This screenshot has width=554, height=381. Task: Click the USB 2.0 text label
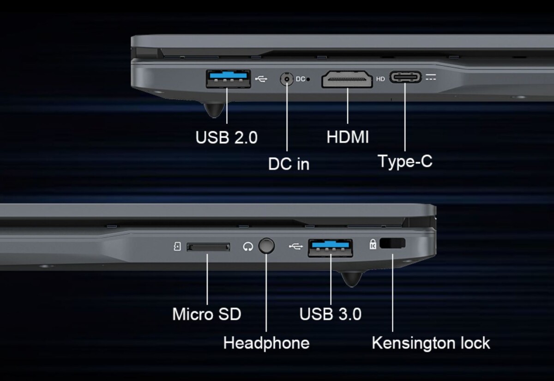tap(226, 137)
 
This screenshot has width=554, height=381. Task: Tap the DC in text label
tap(289, 164)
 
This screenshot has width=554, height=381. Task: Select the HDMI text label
tap(348, 137)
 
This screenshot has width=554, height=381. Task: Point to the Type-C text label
tap(405, 161)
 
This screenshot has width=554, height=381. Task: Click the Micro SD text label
tap(206, 314)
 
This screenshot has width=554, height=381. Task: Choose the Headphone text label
tap(266, 343)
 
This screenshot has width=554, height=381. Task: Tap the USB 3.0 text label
tap(331, 314)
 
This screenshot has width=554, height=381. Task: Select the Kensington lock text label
tap(431, 343)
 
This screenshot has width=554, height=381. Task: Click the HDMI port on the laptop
tap(347, 79)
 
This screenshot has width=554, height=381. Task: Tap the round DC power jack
tap(287, 79)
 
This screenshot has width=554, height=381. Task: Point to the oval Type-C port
tap(405, 77)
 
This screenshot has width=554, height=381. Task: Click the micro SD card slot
tap(208, 247)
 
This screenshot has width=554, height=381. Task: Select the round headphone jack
tap(266, 246)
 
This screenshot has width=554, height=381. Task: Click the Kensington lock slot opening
tap(392, 243)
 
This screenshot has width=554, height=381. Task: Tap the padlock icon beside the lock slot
tap(373, 244)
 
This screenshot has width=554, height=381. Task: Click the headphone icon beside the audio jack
tap(248, 246)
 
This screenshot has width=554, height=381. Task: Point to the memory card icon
tap(177, 246)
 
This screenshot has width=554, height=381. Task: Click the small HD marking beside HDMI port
tap(380, 79)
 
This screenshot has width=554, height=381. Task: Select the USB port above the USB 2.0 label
tap(229, 79)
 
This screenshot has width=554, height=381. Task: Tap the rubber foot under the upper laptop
tap(214, 110)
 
